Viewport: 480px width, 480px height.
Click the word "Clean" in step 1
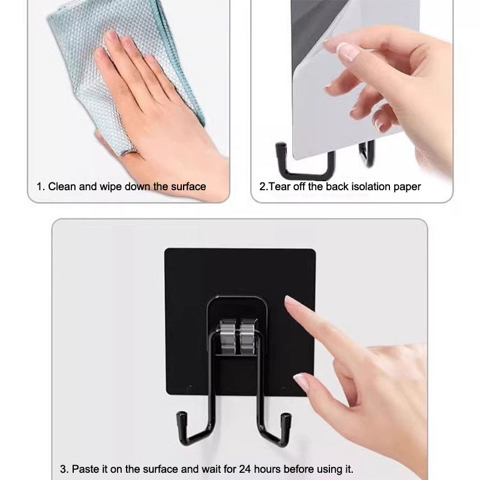62,187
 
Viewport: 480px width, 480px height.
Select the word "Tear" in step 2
280,187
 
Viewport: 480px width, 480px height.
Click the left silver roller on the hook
228,337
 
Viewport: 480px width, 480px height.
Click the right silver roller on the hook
247,337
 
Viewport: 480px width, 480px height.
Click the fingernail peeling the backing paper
349,51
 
